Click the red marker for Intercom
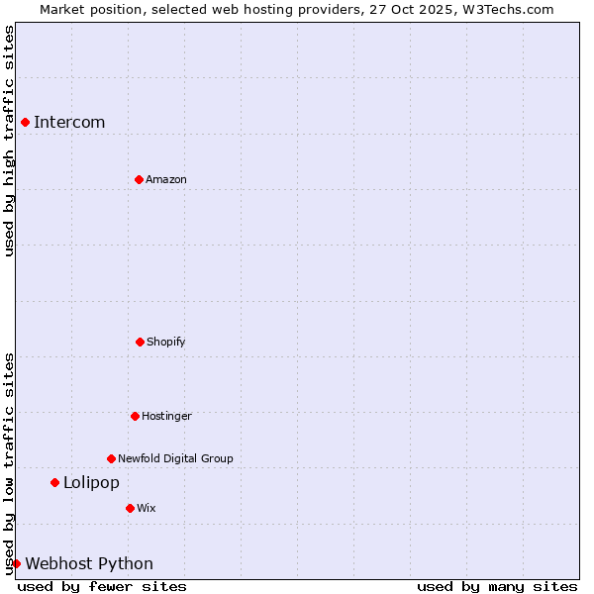pos(25,122)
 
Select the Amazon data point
pos(139,179)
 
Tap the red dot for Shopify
pos(140,342)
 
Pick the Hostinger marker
pos(135,416)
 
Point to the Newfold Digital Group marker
pos(111,458)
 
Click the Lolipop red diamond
pos(54,482)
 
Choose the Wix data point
pos(130,508)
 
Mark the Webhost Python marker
pos(16,563)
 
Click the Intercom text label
pos(69,123)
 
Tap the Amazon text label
pos(166,179)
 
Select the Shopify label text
pos(166,342)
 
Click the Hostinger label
pos(166,416)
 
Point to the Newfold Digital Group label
pos(175,458)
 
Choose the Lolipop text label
pos(91,483)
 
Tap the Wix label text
pos(147,508)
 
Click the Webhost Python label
pos(89,564)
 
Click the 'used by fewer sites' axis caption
pos(102,586)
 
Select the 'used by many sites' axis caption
pos(497,586)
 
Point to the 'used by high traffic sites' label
pos(10,141)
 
